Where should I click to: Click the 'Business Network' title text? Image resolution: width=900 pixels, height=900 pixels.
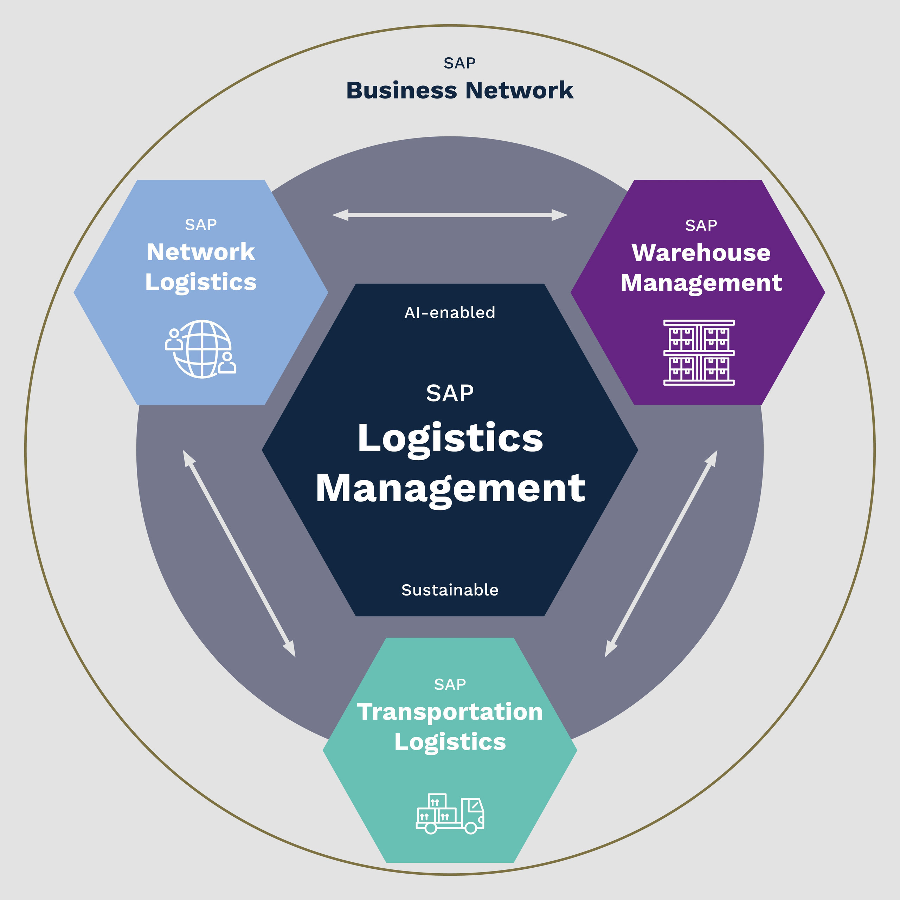[x=459, y=90]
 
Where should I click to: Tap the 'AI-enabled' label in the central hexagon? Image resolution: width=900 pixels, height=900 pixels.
[x=450, y=313]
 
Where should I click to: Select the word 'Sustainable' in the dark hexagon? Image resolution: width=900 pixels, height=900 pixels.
[x=450, y=590]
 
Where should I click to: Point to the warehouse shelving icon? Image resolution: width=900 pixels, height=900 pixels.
[x=699, y=353]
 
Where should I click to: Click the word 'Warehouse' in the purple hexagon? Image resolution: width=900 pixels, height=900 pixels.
[x=701, y=253]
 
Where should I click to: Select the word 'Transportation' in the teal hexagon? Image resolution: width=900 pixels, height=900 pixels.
[x=450, y=712]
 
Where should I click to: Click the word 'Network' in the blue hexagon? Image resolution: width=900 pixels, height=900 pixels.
[x=201, y=252]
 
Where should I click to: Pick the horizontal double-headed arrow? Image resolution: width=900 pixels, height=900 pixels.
[x=450, y=215]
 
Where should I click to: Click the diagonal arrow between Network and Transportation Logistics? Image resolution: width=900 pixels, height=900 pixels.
[x=239, y=553]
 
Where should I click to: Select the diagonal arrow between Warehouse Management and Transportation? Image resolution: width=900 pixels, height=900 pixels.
[x=661, y=553]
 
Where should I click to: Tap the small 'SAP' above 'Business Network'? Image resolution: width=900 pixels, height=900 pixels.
[x=459, y=63]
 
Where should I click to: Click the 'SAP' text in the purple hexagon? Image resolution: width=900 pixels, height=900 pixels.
[x=701, y=225]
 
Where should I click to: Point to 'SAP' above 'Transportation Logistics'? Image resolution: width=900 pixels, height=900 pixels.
[x=450, y=684]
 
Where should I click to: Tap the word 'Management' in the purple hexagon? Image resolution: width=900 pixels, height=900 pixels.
[x=701, y=283]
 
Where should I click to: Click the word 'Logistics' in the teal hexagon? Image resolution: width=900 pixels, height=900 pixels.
[x=450, y=741]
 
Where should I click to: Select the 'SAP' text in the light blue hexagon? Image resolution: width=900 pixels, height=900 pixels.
[x=201, y=225]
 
